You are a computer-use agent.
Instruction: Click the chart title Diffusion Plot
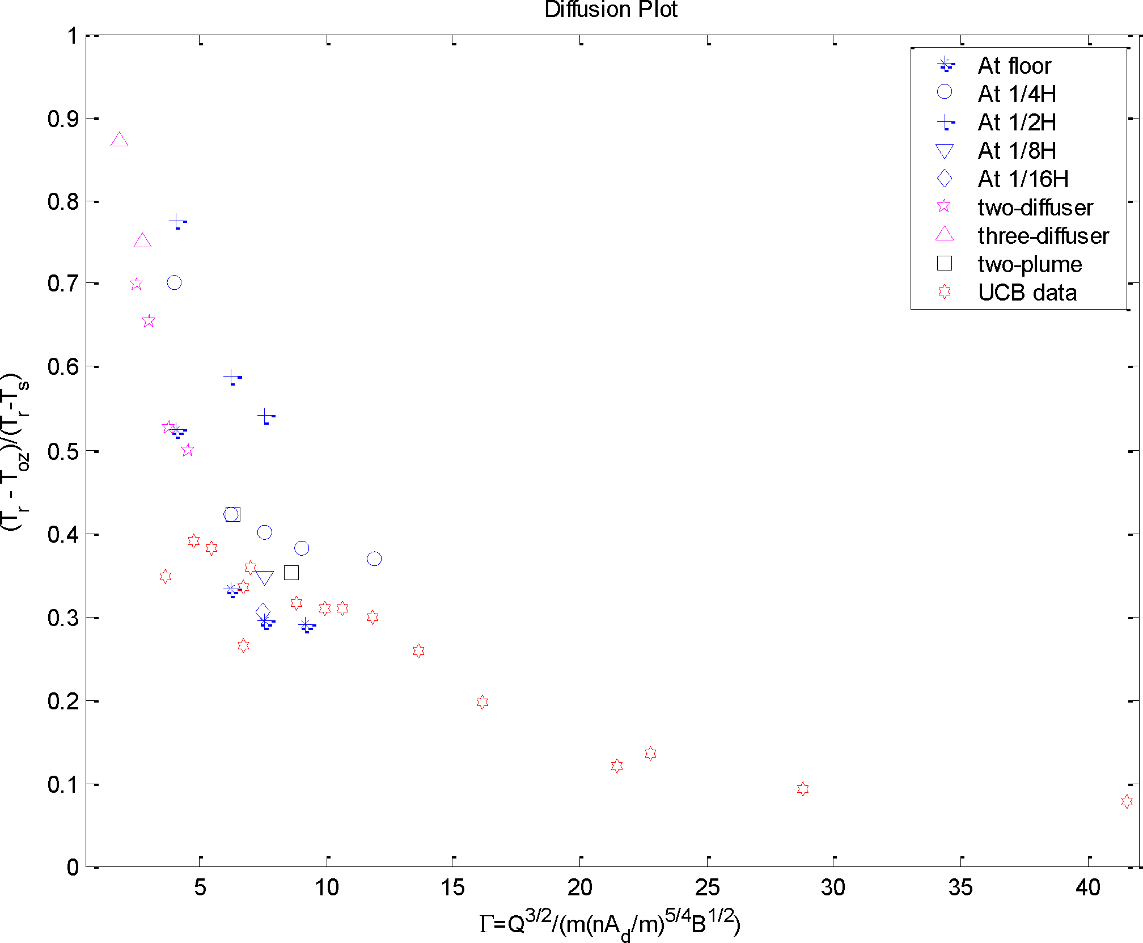click(x=611, y=10)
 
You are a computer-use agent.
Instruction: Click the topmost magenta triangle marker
click(x=119, y=140)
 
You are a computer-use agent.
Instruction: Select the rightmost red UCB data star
click(x=1127, y=801)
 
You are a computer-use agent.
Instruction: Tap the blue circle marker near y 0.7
click(x=174, y=282)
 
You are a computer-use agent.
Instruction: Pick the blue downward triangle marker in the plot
click(x=264, y=577)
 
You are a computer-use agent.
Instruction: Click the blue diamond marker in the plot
click(x=263, y=612)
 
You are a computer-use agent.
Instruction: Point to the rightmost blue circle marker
click(x=374, y=559)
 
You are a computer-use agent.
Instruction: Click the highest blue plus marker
click(x=176, y=221)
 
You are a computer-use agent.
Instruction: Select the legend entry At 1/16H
click(x=1023, y=179)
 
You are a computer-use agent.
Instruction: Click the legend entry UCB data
click(x=1027, y=293)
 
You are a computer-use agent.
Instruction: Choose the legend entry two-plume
click(x=1030, y=264)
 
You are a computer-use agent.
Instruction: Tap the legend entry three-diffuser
click(x=1043, y=236)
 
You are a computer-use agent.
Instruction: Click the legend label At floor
click(x=1014, y=66)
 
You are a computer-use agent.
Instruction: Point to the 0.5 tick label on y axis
click(x=63, y=451)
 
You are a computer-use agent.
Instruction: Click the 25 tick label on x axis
click(x=707, y=887)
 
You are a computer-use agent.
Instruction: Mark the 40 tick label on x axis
click(x=1087, y=887)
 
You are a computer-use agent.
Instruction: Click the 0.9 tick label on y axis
click(x=63, y=119)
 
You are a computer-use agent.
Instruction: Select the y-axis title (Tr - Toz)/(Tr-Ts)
click(x=15, y=451)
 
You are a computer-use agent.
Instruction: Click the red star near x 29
click(x=802, y=789)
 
